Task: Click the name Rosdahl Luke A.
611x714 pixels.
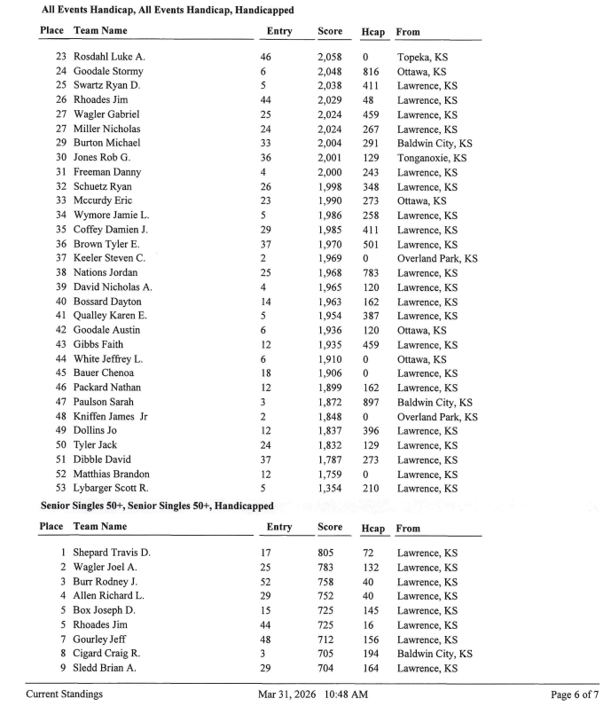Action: pos(109,57)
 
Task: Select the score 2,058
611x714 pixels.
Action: pos(330,57)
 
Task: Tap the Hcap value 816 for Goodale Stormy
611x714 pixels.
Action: pos(371,71)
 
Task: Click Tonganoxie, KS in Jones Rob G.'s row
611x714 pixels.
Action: pos(431,158)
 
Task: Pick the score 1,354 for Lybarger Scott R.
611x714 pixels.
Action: pos(330,489)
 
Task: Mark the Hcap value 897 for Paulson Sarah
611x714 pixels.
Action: pos(371,402)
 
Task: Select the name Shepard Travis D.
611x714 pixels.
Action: pos(112,553)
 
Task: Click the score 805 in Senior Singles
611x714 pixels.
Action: pos(326,553)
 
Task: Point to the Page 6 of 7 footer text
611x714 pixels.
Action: pos(576,694)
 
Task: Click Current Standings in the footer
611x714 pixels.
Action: pos(65,694)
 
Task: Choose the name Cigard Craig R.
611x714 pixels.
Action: pos(107,654)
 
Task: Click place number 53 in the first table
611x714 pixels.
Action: pos(61,489)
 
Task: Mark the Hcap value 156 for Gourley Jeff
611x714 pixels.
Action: pos(371,639)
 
